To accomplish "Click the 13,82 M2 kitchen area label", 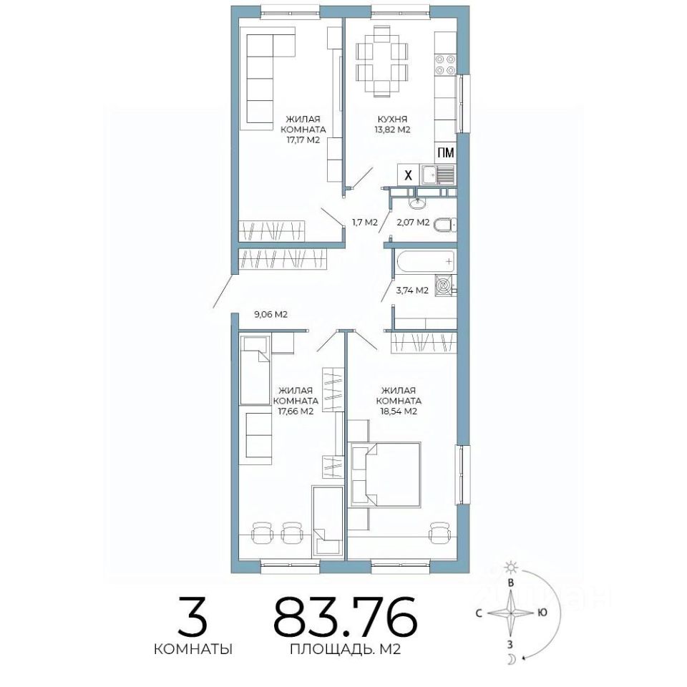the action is click(x=392, y=130).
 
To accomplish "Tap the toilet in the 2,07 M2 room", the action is click(x=444, y=225).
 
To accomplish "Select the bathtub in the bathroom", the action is click(x=427, y=262).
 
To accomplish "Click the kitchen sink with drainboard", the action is click(x=438, y=175).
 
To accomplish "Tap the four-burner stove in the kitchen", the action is click(x=444, y=64).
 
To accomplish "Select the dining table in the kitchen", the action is click(x=382, y=61).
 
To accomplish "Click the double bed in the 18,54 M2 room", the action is click(x=384, y=474).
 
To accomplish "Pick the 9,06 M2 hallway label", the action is click(x=271, y=314).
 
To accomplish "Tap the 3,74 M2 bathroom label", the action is click(x=412, y=290).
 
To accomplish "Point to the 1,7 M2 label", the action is click(x=365, y=223).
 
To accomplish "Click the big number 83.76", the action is click(x=345, y=615).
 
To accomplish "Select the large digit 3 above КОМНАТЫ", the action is click(x=192, y=615).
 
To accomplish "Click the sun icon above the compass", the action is click(x=510, y=567).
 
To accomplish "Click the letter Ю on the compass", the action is click(x=542, y=613).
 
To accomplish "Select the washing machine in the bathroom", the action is click(x=444, y=286).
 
